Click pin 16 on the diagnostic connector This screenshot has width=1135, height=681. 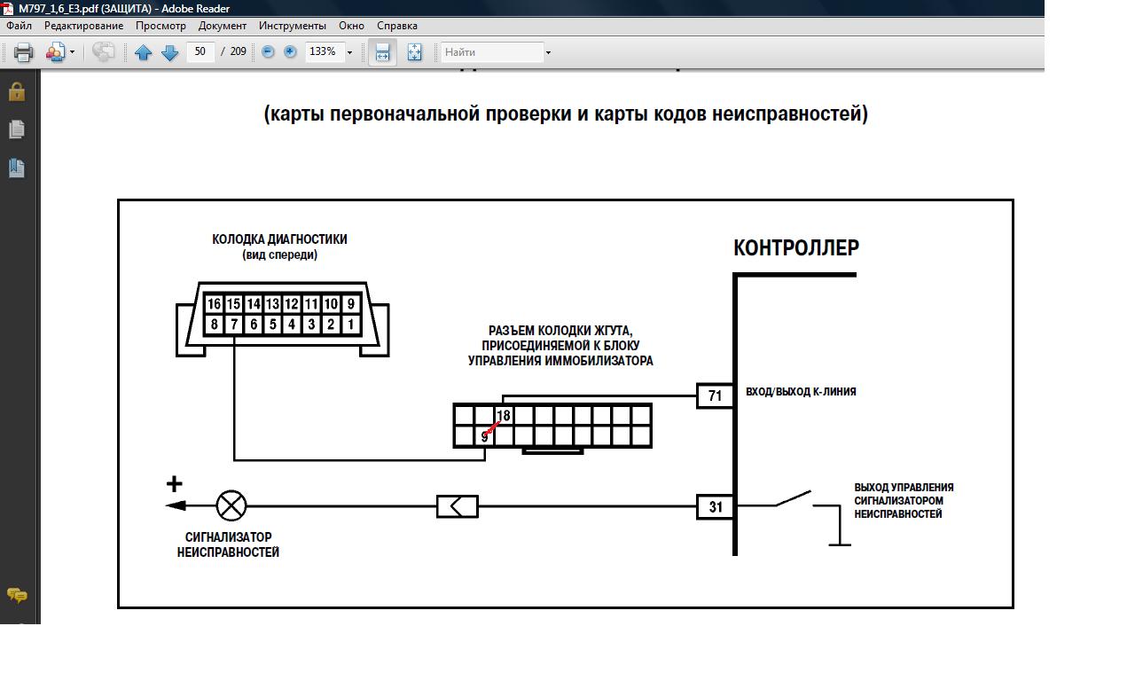click(x=214, y=304)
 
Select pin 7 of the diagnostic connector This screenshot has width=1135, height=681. click(x=234, y=325)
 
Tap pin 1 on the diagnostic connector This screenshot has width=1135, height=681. click(x=351, y=325)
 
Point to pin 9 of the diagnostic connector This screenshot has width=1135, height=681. click(x=351, y=304)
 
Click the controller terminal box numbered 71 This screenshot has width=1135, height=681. click(x=716, y=395)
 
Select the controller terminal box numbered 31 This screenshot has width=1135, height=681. click(x=716, y=507)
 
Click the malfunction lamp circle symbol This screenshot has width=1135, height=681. click(x=231, y=506)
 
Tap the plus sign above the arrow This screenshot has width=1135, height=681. click(x=175, y=483)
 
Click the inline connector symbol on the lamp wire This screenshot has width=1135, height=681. click(x=458, y=506)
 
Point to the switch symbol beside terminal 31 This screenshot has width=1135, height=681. click(x=793, y=498)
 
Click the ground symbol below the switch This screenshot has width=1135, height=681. click(x=838, y=544)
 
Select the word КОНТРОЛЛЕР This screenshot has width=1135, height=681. click(x=795, y=248)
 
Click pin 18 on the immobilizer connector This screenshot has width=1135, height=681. click(x=504, y=416)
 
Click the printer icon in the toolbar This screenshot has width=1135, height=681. click(x=23, y=52)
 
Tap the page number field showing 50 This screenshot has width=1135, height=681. click(x=200, y=51)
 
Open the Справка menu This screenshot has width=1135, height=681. click(x=397, y=26)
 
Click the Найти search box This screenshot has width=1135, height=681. click(x=492, y=52)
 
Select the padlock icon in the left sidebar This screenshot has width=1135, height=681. click(x=16, y=91)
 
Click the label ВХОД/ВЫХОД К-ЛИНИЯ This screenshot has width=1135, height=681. click(x=801, y=392)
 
